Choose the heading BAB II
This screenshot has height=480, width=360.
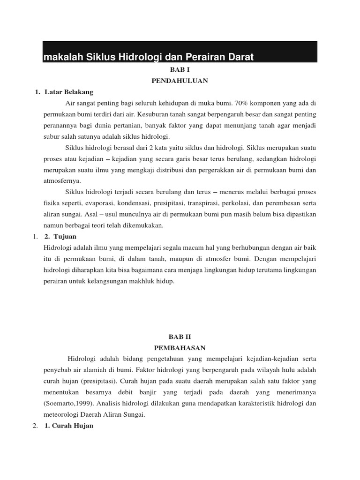coord(180,336)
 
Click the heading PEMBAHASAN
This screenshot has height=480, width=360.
coord(180,347)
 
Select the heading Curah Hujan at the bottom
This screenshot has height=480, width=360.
coord(72,426)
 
